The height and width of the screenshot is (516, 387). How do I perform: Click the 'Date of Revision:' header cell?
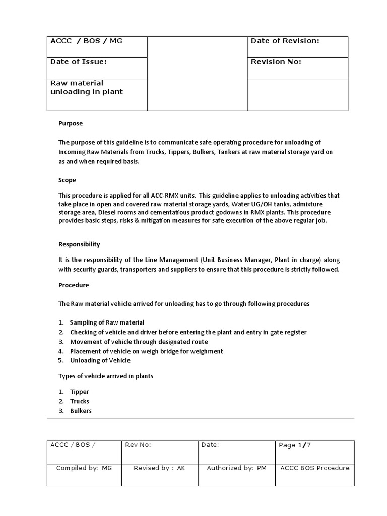click(285, 41)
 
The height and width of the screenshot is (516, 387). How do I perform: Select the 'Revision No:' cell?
click(276, 62)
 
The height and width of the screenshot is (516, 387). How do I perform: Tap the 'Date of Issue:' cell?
click(78, 62)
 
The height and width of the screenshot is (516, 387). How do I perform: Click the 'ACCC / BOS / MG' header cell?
click(86, 41)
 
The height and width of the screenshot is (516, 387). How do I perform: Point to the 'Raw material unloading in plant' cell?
click(86, 87)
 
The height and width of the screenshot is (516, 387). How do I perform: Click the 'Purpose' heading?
click(71, 123)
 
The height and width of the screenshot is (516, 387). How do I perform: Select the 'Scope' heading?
click(67, 180)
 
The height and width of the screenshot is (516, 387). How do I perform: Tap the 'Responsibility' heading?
click(79, 244)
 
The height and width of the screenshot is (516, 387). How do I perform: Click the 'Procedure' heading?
click(74, 285)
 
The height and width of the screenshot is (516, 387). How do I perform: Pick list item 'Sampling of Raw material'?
click(107, 322)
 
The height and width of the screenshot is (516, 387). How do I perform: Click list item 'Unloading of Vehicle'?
click(100, 360)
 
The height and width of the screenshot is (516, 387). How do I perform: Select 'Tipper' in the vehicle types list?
click(79, 392)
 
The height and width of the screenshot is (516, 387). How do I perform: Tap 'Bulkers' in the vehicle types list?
click(81, 411)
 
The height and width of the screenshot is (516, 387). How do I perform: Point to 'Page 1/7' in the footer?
click(298, 445)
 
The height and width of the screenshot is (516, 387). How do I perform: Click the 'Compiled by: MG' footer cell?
click(84, 468)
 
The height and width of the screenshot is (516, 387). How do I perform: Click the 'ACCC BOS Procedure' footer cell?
click(315, 468)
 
